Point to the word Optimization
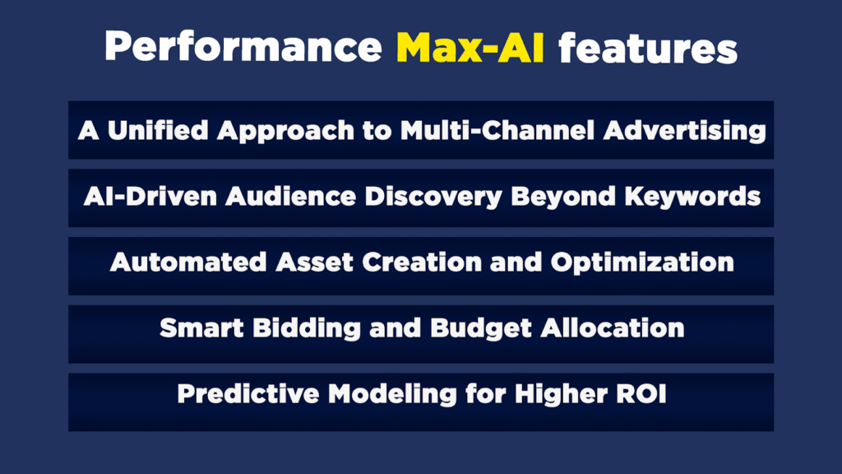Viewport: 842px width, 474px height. coord(642,263)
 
